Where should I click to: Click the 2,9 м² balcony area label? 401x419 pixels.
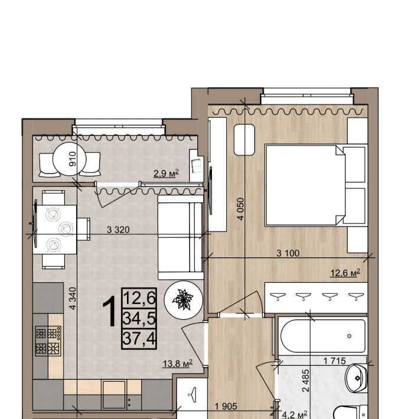(x=166, y=174)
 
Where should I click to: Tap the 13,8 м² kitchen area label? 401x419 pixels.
(x=178, y=364)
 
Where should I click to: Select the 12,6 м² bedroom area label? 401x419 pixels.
(x=345, y=273)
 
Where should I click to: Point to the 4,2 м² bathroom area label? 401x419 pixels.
(x=295, y=415)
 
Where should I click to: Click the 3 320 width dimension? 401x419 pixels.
(x=118, y=230)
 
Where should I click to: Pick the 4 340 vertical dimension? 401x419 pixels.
(x=73, y=298)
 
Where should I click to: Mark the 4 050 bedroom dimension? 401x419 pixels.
(x=241, y=209)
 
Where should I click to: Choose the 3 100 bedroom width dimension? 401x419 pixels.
(x=288, y=253)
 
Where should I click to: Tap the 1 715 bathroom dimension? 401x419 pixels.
(x=335, y=361)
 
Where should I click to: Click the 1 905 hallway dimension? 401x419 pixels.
(x=226, y=407)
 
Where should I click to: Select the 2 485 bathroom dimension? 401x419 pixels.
(x=305, y=381)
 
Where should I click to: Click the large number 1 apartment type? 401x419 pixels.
(x=110, y=311)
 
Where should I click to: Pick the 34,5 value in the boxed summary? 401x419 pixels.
(x=139, y=319)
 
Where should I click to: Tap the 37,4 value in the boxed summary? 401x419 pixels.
(x=139, y=339)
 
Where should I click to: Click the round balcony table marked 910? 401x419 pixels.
(x=70, y=159)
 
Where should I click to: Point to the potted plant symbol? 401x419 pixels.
(x=183, y=300)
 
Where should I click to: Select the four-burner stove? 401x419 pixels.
(x=48, y=341)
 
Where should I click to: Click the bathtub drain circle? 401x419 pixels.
(x=349, y=336)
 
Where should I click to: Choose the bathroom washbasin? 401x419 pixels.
(x=356, y=378)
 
